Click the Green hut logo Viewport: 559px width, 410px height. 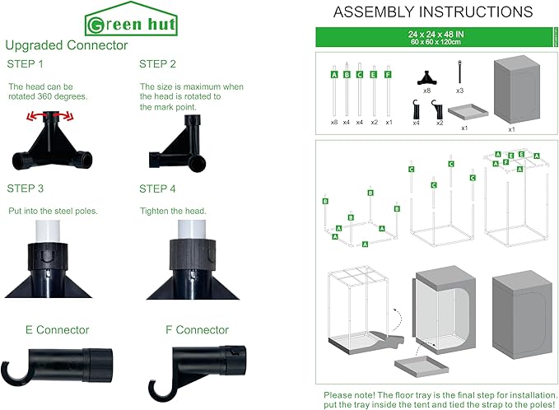(x=131, y=19)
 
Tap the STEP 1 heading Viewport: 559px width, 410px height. (x=25, y=64)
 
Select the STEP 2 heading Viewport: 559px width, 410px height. (x=157, y=64)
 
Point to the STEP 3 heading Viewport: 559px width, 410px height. (x=26, y=189)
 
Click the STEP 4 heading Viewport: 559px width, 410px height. (x=157, y=189)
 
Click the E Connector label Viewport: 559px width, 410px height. (x=58, y=330)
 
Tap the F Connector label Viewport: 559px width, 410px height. (x=197, y=330)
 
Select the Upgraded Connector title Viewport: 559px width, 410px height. (x=67, y=45)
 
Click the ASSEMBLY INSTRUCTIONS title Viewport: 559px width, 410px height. (x=433, y=12)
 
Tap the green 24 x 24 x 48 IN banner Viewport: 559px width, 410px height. (x=434, y=37)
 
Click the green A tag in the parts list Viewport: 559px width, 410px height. (x=334, y=75)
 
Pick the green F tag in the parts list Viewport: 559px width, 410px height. (x=388, y=75)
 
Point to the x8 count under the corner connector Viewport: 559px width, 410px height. (x=426, y=91)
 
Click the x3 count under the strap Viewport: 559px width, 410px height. (x=460, y=91)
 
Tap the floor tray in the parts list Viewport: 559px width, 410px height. (x=468, y=112)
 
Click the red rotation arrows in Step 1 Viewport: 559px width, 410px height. (x=50, y=116)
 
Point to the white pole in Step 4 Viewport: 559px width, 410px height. (x=192, y=229)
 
